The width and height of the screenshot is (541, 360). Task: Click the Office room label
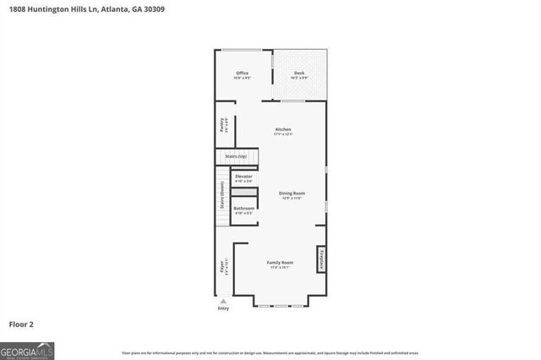coord(242,74)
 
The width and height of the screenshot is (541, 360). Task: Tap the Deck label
coord(299,74)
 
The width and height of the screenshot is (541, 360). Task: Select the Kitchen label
coord(282,129)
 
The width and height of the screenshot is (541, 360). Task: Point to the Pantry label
coord(221,125)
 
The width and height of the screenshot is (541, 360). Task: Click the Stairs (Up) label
coord(236,156)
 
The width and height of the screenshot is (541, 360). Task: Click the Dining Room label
coord(292,194)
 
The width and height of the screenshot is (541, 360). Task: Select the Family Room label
coord(279,264)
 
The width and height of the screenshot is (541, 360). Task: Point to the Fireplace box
coord(321,259)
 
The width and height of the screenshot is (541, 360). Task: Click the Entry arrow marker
coord(223,301)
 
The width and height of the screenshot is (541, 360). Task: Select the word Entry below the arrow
coord(223,308)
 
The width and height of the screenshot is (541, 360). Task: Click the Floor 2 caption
coord(21,324)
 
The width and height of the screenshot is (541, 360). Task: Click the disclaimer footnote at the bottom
coord(270,353)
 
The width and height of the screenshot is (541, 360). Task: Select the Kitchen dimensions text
coord(282,134)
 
